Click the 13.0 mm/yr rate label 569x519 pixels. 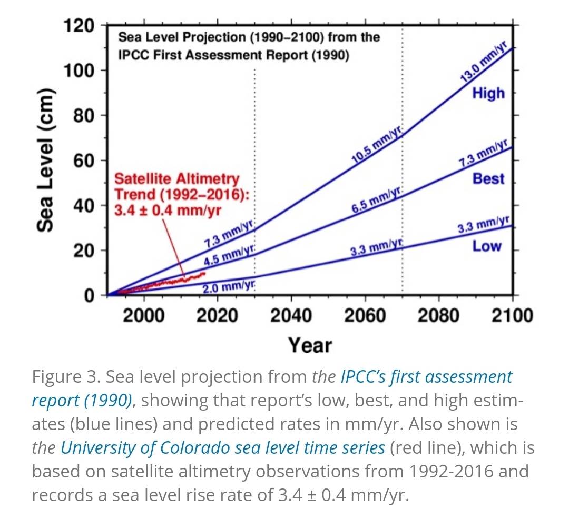pos(483,62)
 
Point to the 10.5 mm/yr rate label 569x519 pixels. pos(376,143)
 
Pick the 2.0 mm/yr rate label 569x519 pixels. pos(229,286)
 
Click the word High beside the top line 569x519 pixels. pos(488,94)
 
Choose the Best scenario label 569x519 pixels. pos(488,179)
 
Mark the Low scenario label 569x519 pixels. pos(487,246)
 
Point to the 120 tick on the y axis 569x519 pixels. pos(79,25)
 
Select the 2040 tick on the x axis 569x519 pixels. pos(291,315)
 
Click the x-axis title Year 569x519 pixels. pos(310,345)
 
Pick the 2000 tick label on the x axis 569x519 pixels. pos(143,315)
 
